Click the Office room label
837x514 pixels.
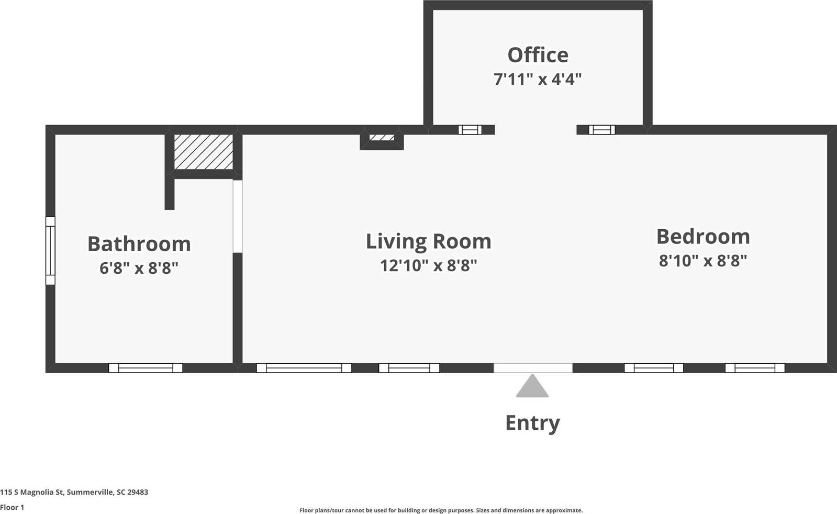[x=538, y=55]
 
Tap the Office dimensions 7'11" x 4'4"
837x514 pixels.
[x=538, y=79]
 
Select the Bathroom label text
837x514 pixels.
[x=139, y=244]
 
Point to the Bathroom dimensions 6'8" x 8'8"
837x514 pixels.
[x=139, y=268]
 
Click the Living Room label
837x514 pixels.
[x=428, y=241]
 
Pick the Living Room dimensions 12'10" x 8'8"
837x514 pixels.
[x=428, y=265]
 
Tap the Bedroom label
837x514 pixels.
[x=703, y=237]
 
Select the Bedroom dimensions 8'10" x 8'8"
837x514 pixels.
[x=703, y=260]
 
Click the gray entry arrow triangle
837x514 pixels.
[x=532, y=387]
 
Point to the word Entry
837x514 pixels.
[x=532, y=422]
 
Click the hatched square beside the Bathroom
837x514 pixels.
[x=203, y=152]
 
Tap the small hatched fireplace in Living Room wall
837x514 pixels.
[x=382, y=138]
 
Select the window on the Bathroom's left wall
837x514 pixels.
[x=50, y=251]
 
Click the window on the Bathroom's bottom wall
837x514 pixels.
[x=146, y=368]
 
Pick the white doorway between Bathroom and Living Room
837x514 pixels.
[x=238, y=217]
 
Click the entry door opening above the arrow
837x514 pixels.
[x=533, y=368]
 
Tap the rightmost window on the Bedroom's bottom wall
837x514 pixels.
[x=755, y=368]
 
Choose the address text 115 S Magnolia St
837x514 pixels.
[x=74, y=492]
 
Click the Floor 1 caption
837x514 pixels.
[x=12, y=507]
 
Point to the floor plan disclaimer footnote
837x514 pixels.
[x=441, y=510]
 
